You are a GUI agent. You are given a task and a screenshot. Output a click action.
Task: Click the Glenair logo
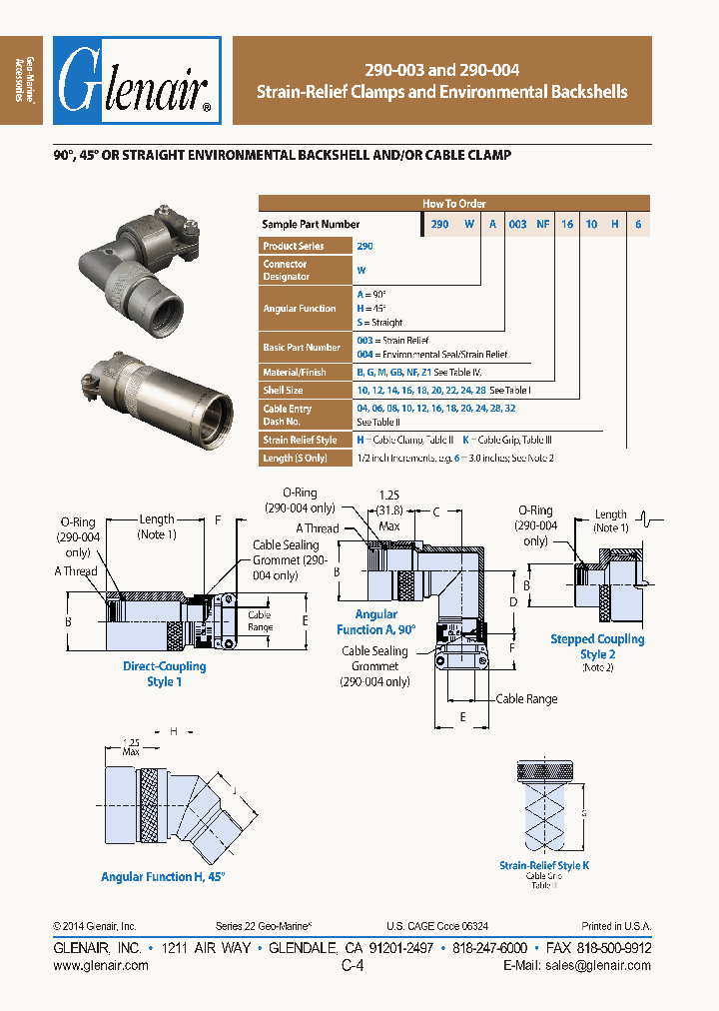pyautogui.click(x=137, y=81)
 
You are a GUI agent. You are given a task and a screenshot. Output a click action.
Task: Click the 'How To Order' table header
pyautogui.click(x=453, y=203)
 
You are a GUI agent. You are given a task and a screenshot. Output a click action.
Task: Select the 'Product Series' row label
pyautogui.click(x=296, y=246)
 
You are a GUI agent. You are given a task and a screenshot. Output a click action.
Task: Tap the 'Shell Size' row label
pyautogui.click(x=283, y=390)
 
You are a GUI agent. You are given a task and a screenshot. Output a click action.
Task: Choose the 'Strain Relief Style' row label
pyautogui.click(x=300, y=440)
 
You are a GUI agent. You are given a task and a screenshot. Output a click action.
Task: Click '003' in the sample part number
pyautogui.click(x=517, y=225)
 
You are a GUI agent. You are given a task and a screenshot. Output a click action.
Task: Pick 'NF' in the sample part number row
pyautogui.click(x=542, y=225)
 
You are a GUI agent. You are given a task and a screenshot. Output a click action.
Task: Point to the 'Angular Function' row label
pyautogui.click(x=299, y=309)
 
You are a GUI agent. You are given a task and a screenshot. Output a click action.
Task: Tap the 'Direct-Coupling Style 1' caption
pyautogui.click(x=165, y=673)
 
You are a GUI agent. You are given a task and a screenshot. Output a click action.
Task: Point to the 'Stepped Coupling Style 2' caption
pyautogui.click(x=597, y=645)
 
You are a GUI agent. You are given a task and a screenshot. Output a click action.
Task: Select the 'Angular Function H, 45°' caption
pyautogui.click(x=163, y=876)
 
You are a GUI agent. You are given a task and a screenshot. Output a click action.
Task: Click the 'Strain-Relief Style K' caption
pyautogui.click(x=544, y=865)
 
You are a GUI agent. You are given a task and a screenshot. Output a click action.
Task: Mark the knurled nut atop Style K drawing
pyautogui.click(x=544, y=772)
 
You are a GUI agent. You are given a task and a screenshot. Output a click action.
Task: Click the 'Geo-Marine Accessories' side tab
pyautogui.click(x=22, y=81)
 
